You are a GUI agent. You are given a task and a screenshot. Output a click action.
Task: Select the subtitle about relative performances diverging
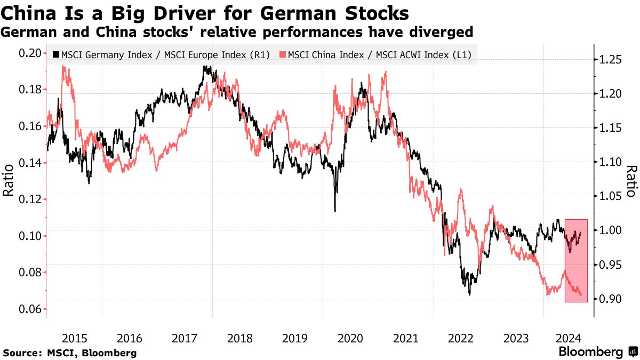(237, 33)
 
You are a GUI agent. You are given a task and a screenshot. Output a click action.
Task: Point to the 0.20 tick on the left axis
(30, 53)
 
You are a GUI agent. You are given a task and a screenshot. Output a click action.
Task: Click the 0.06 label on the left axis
(30, 309)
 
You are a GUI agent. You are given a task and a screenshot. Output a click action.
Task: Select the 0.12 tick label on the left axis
(30, 199)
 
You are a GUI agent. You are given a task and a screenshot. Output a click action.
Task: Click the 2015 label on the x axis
(74, 338)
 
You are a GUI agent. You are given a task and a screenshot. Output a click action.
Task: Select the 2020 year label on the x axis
(350, 338)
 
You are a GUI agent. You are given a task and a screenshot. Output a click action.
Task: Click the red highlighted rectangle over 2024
(576, 261)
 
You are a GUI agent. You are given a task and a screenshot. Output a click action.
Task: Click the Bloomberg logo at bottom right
(597, 352)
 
